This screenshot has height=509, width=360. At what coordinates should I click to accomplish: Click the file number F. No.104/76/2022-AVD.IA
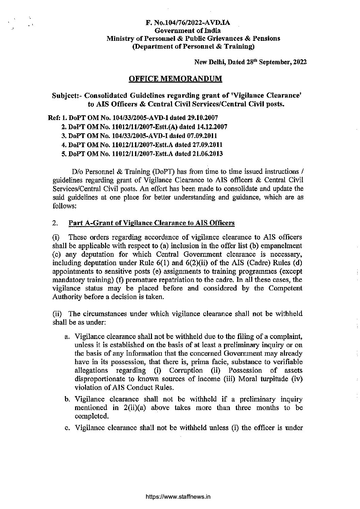point(188,23)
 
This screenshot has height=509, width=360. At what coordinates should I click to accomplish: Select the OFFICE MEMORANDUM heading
point(175,79)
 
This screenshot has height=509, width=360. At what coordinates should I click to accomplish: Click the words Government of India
point(188,31)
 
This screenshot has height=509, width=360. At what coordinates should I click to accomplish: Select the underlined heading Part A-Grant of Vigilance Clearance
point(152,223)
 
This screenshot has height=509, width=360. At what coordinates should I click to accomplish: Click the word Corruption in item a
point(186,370)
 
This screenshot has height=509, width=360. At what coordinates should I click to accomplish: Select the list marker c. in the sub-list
point(67,428)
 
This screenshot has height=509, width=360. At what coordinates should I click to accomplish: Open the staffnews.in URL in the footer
point(178,497)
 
